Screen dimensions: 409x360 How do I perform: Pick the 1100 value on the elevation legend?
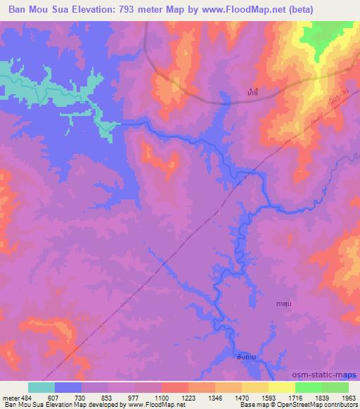161,396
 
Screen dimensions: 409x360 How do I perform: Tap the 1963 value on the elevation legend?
347,396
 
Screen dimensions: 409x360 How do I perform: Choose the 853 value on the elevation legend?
108,396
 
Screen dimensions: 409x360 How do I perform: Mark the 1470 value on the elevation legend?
241,396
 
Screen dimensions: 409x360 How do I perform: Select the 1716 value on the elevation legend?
295,396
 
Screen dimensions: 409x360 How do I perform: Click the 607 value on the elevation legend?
54,396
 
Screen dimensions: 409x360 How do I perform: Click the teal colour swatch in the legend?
41,387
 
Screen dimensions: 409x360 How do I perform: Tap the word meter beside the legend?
10,396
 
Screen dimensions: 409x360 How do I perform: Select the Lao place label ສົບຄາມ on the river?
245,358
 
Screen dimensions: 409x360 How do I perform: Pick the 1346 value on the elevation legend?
214,396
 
